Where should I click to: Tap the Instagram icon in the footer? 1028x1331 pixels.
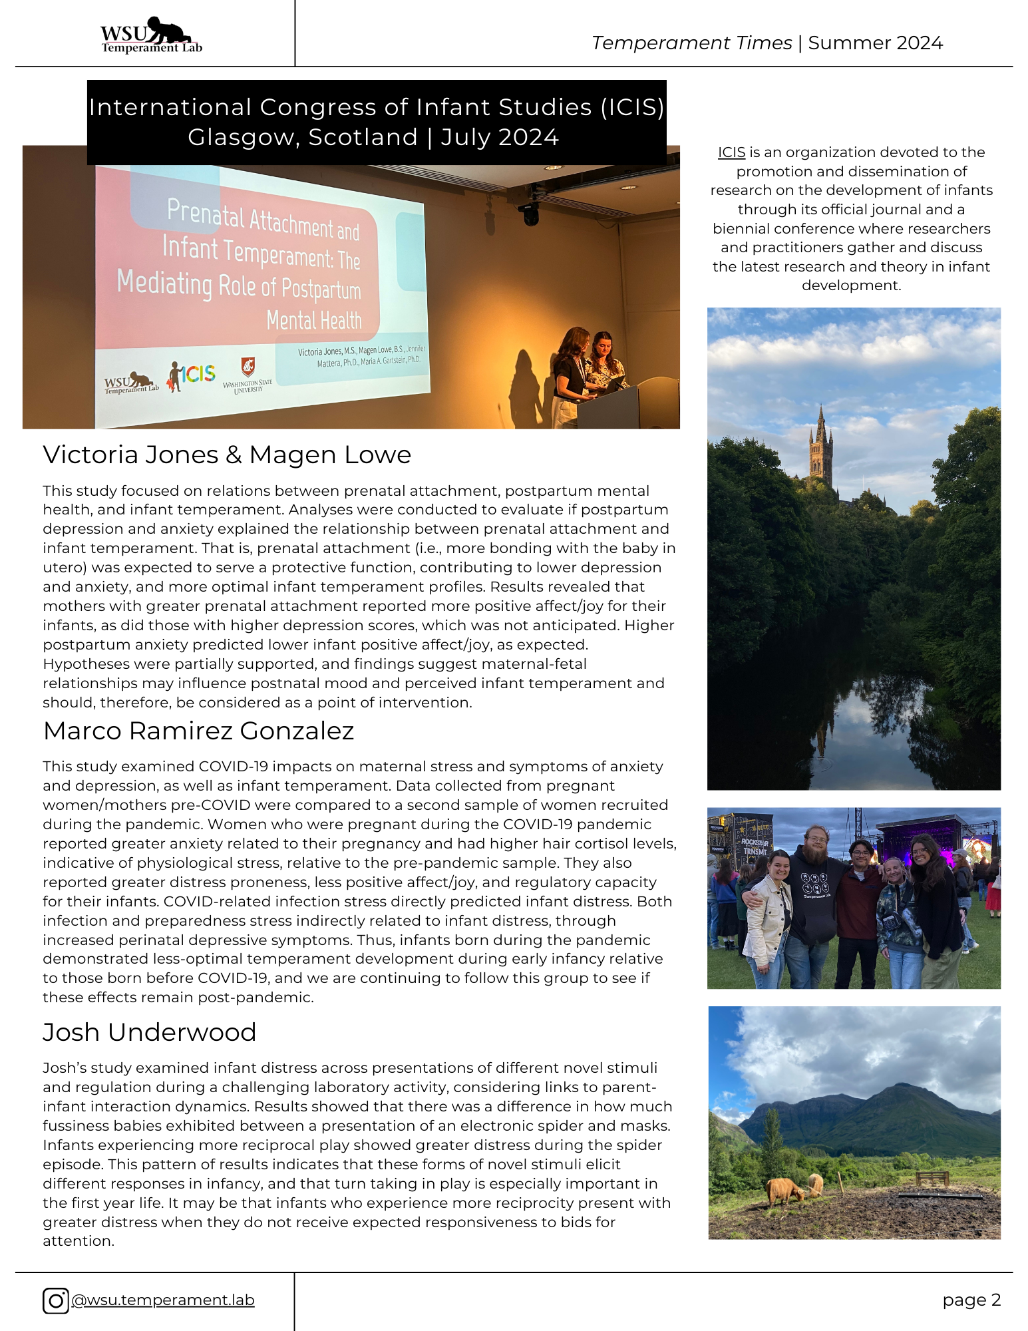coord(56,1300)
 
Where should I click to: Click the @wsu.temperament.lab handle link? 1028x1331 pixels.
coord(163,1300)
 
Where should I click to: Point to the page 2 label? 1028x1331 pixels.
coord(971,1300)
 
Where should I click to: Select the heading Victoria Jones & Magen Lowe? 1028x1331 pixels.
coord(227,455)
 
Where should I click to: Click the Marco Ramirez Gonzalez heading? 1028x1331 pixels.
coord(198,731)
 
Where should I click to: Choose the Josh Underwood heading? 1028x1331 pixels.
coord(149,1032)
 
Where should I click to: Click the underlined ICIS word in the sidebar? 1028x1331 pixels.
coord(731,152)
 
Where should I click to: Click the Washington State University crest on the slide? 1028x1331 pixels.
coord(248,367)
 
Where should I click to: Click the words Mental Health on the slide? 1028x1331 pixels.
coord(314,320)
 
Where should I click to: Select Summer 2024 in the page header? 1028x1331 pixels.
coord(875,43)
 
